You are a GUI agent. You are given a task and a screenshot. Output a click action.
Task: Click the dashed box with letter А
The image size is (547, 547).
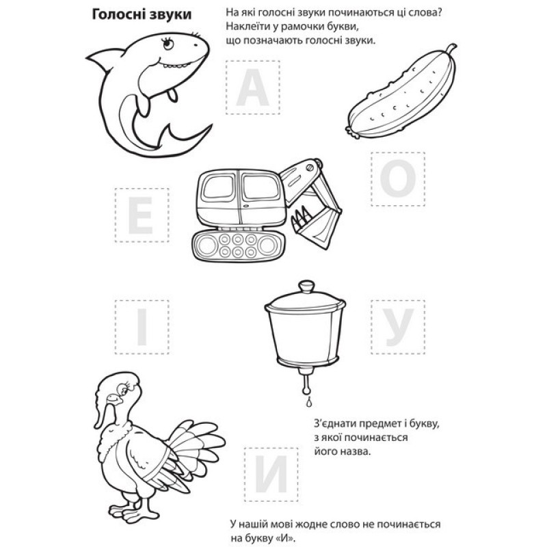[x=253, y=88]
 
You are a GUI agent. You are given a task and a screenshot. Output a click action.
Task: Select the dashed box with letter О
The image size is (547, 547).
[x=398, y=179]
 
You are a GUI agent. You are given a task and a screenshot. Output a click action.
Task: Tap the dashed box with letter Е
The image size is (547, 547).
[x=142, y=215]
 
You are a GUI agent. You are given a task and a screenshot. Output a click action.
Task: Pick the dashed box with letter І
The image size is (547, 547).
[x=142, y=327]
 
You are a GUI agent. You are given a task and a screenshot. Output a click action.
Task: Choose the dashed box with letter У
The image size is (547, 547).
[x=398, y=327]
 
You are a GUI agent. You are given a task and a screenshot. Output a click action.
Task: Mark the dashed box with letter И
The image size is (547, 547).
[x=271, y=475]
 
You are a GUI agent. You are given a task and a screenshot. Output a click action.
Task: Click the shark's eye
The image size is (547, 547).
[x=168, y=44]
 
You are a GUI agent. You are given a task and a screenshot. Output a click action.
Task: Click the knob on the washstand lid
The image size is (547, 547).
[x=306, y=287]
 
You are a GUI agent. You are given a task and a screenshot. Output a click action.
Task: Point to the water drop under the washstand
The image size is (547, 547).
[x=308, y=403]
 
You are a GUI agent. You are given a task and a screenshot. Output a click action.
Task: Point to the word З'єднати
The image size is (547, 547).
[x=336, y=424]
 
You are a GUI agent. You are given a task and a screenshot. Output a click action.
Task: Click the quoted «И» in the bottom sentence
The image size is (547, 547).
[x=285, y=538]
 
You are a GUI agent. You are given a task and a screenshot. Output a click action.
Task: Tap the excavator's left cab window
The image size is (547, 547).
[x=219, y=187]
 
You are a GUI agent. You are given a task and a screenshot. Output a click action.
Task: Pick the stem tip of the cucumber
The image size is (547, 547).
[x=453, y=46]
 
